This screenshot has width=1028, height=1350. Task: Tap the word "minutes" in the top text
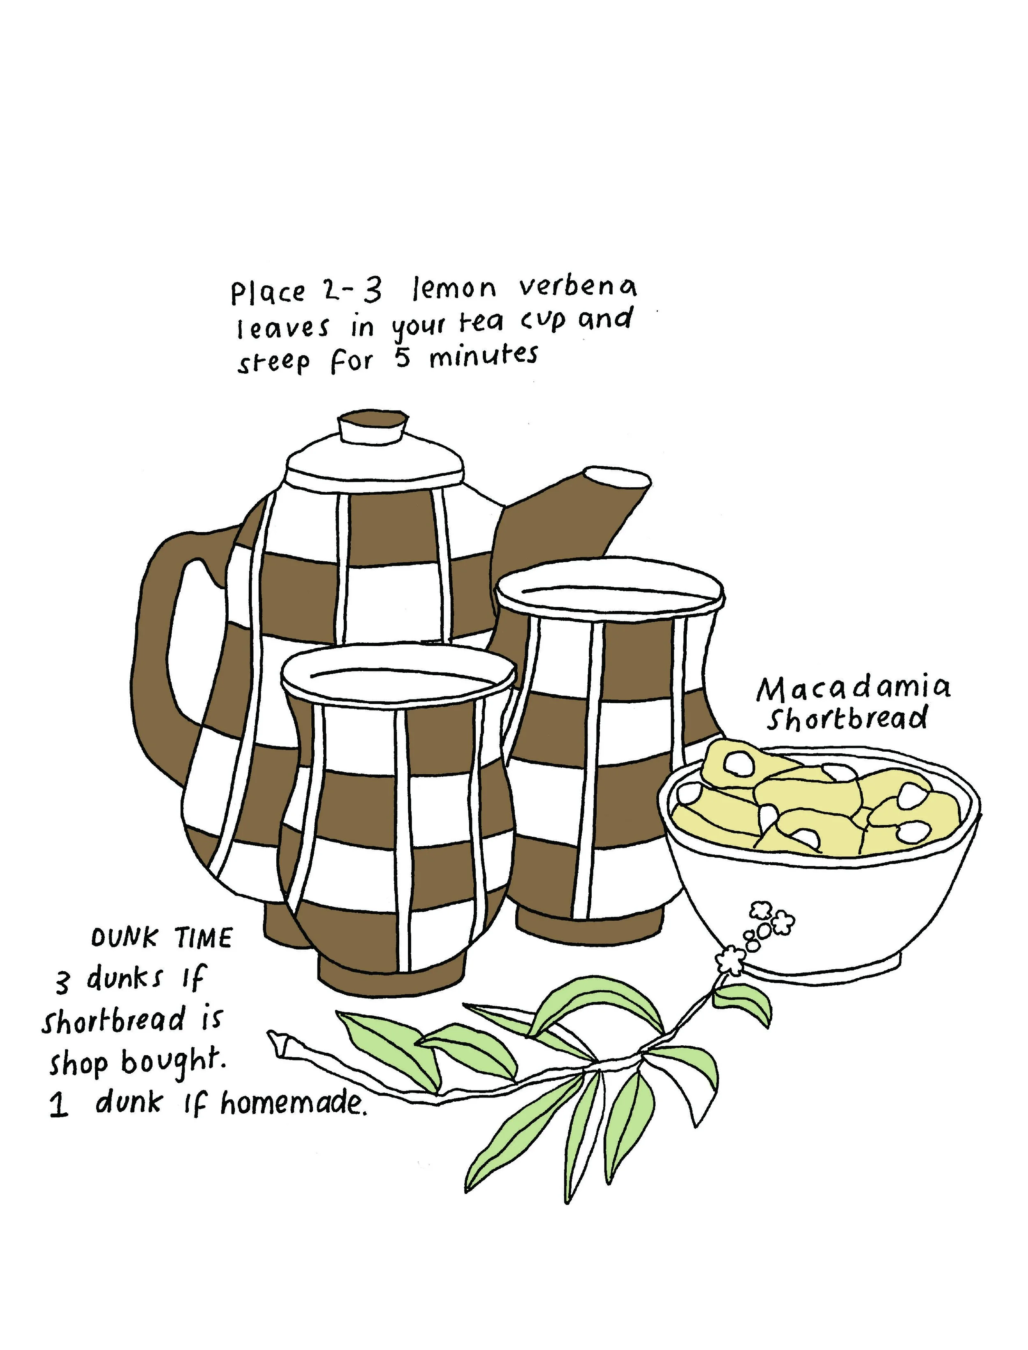tap(484, 356)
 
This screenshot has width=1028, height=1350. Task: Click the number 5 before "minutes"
tap(402, 359)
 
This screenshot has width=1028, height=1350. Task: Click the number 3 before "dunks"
tap(63, 982)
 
